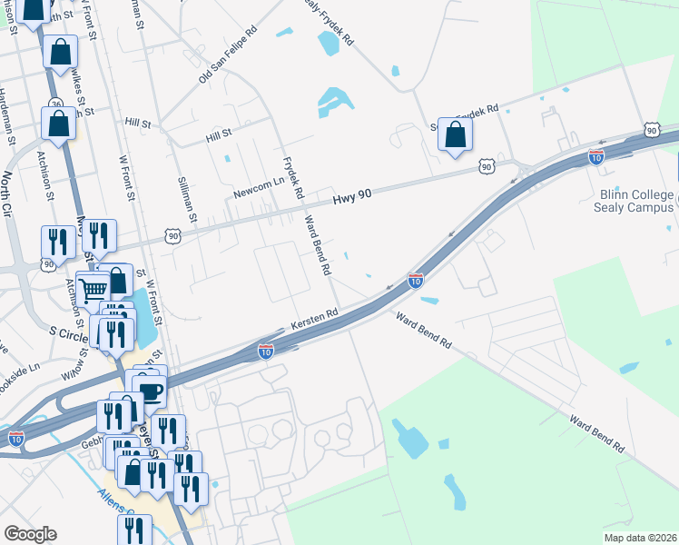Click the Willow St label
click(x=73, y=369)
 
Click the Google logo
click(x=30, y=534)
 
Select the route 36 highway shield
click(x=55, y=104)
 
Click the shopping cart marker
click(x=93, y=290)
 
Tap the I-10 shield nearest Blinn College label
click(x=595, y=156)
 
